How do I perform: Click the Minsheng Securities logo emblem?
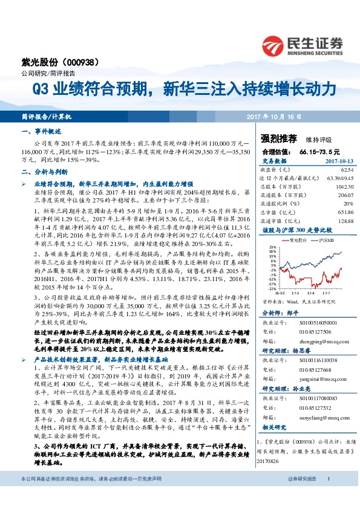(274, 45)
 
